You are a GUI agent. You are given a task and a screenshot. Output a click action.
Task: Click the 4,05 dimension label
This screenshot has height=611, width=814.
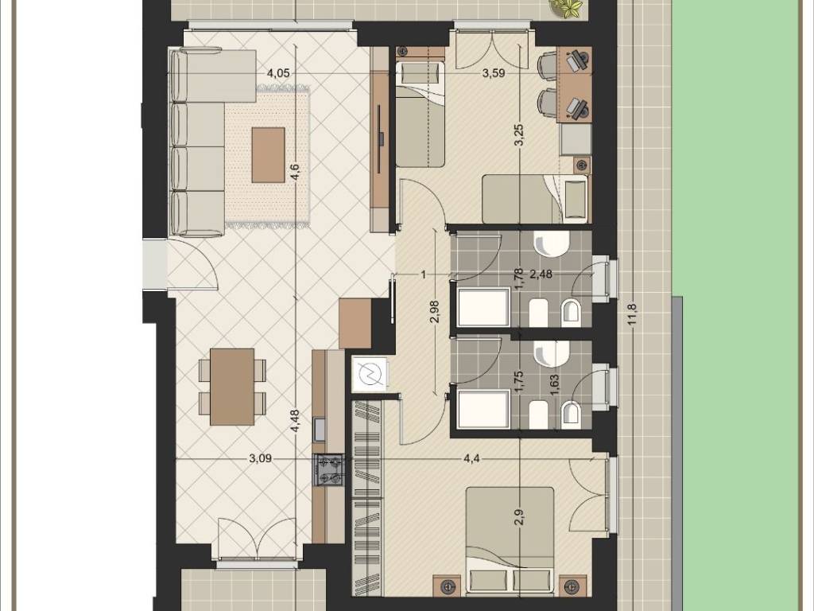pos(277,73)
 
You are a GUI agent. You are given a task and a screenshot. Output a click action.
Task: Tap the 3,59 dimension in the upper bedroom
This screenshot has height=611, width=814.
pos(493,73)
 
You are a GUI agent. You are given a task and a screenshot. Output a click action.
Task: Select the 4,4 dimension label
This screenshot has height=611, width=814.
pos(471,459)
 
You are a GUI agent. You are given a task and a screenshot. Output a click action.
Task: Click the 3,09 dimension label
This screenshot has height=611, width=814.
pos(261,459)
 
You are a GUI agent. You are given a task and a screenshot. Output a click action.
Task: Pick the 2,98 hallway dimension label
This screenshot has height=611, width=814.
pos(435,312)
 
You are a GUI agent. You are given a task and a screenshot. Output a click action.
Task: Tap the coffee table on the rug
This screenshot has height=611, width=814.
pos(269,155)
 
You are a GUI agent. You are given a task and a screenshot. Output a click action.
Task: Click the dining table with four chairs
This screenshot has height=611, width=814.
pos(232,387)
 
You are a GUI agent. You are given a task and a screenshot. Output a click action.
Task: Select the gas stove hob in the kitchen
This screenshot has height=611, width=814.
pos(329,470)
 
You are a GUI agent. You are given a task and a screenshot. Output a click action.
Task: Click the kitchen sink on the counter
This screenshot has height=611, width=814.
pos(320,429)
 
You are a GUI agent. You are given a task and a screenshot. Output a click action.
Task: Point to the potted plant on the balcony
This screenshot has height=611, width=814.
pos(566,9)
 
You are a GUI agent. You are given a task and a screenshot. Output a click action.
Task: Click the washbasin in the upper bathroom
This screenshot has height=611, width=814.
pos(552,243)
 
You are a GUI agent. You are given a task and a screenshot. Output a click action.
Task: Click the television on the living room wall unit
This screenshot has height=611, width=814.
pos(381,138)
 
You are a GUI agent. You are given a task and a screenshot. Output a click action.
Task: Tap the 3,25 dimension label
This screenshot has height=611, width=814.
pos(521,135)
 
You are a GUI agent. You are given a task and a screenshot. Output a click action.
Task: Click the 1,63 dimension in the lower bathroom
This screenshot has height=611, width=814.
pos(554,386)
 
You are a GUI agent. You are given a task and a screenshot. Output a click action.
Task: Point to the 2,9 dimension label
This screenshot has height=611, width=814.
pos(521,517)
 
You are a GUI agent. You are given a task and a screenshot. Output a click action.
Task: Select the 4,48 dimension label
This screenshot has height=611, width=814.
pos(295,421)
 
